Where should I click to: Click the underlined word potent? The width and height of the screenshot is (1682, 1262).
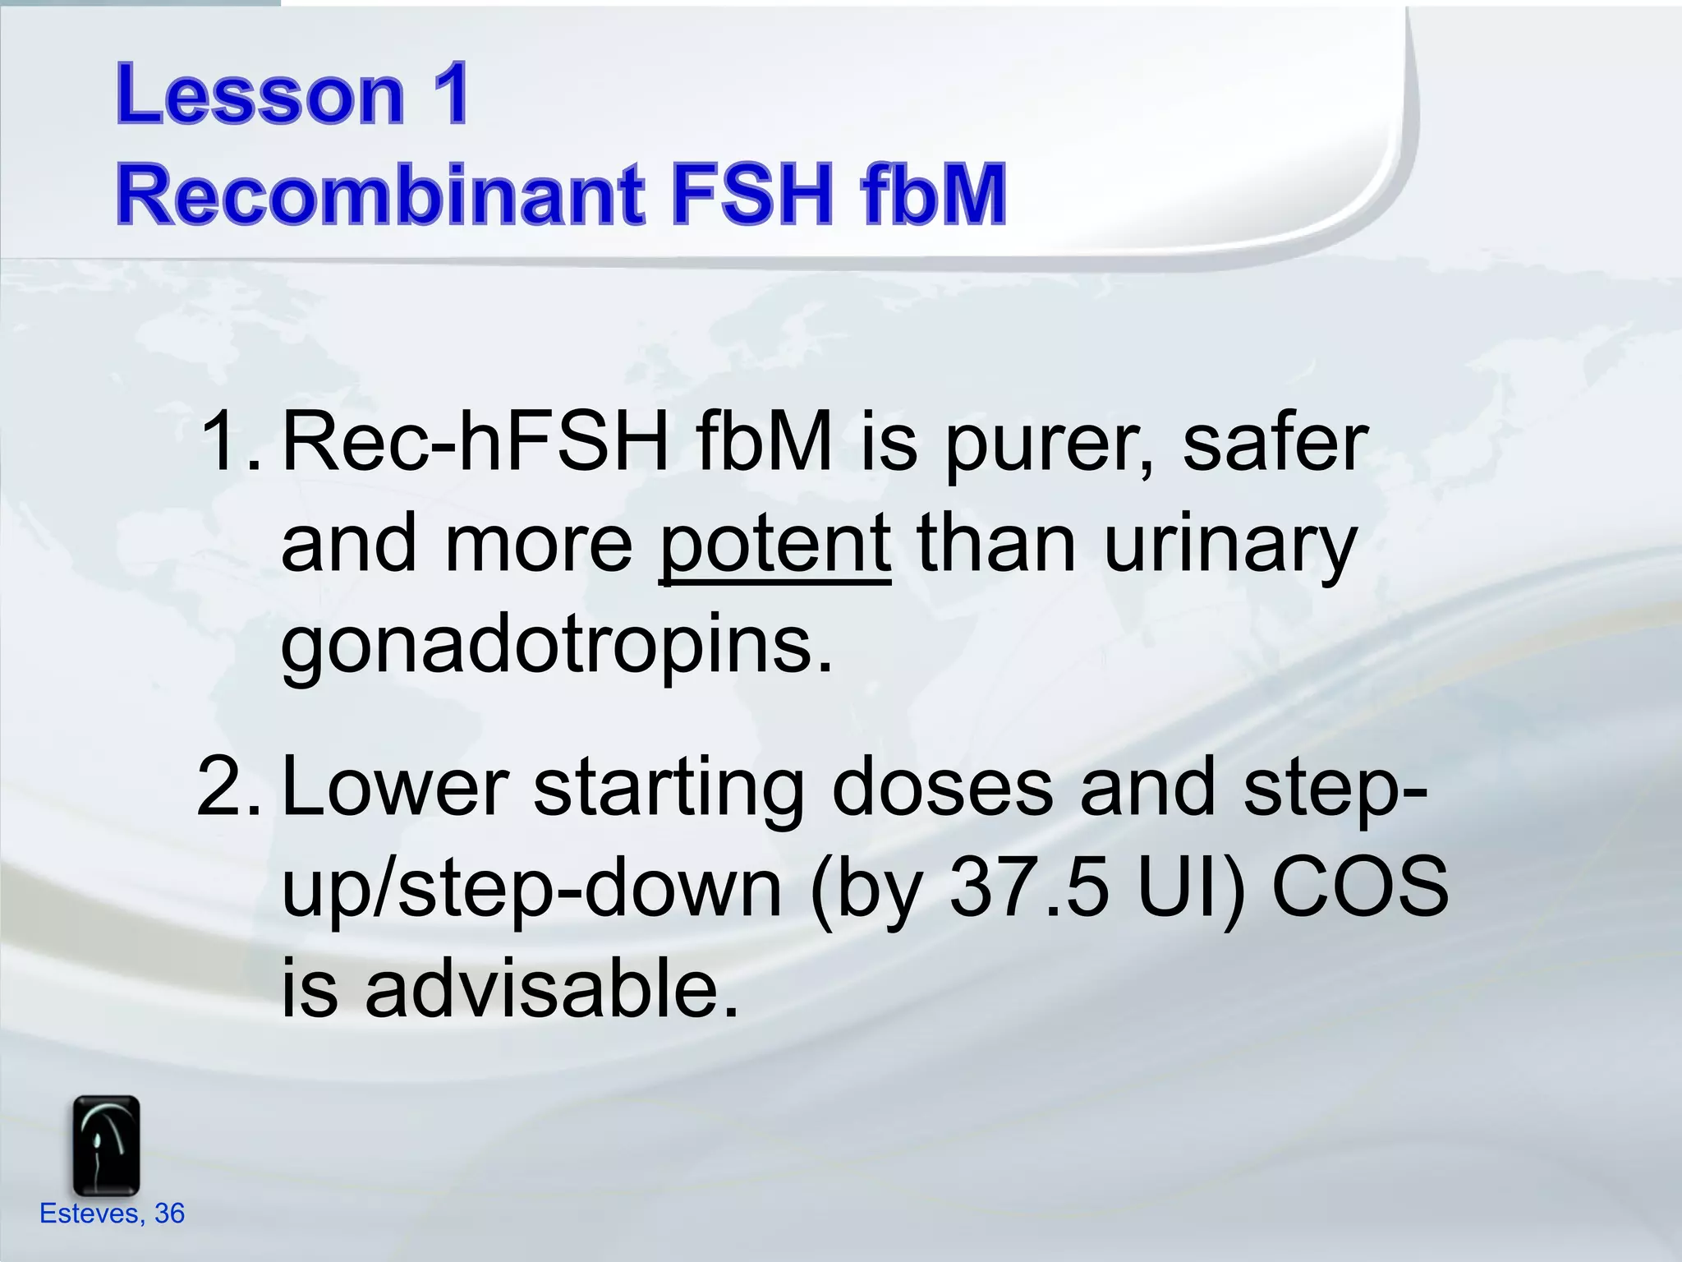pyautogui.click(x=774, y=544)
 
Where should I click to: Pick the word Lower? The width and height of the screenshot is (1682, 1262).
pyautogui.click(x=394, y=787)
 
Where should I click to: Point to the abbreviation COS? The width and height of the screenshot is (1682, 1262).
pyautogui.click(x=1359, y=887)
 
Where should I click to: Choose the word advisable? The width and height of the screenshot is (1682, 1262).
pyautogui.click(x=551, y=988)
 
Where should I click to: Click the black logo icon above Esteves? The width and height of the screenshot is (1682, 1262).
pyautogui.click(x=106, y=1145)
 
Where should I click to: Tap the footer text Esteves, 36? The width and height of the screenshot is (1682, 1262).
pyautogui.click(x=113, y=1214)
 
